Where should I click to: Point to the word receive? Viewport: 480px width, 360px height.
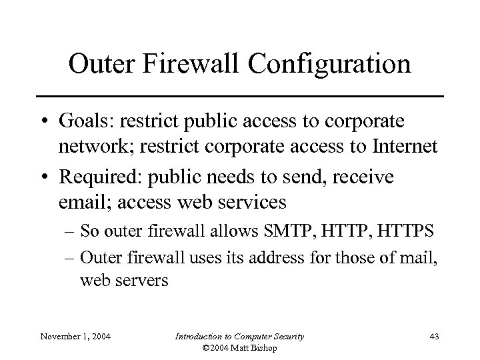tap(367, 177)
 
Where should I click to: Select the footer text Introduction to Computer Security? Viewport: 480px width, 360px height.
tap(240, 337)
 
